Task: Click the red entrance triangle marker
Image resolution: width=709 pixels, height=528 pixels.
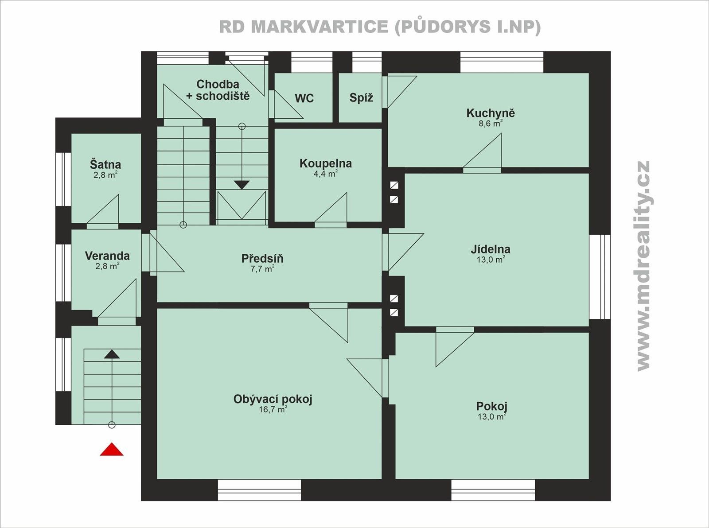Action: [x=112, y=450]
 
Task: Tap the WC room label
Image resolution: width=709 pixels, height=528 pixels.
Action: [x=304, y=98]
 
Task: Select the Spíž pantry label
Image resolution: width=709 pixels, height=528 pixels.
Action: [x=361, y=98]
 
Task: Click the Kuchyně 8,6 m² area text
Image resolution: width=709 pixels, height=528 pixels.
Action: [x=490, y=124]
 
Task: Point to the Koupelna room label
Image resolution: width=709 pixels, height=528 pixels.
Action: [x=325, y=163]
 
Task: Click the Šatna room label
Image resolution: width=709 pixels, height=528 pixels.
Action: [x=105, y=164]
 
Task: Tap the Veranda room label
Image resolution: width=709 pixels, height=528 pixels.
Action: [x=107, y=256]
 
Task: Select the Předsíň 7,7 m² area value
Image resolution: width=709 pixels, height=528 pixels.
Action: [x=262, y=269]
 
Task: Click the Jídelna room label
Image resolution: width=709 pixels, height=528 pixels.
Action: [x=490, y=249]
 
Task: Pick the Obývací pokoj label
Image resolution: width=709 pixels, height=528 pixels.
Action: [x=273, y=399]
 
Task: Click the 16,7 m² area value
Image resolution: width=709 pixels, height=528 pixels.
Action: [x=273, y=410]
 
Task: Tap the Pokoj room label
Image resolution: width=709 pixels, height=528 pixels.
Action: [x=491, y=406]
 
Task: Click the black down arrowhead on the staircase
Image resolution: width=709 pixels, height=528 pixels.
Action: [x=242, y=185]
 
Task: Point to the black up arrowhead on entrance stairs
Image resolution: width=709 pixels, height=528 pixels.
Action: [x=112, y=354]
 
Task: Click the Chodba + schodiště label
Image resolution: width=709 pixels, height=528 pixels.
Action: [x=218, y=89]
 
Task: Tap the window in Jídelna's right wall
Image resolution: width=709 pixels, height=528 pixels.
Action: [x=600, y=276]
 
